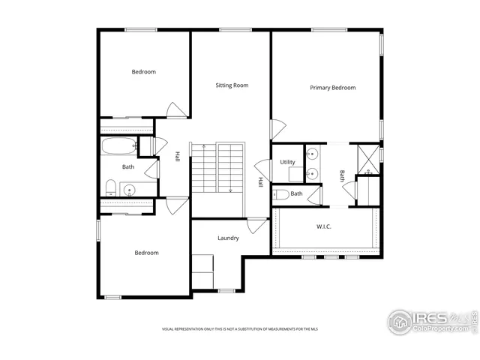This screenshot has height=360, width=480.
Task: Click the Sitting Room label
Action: pos(232,85)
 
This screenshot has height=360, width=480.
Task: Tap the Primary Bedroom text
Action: pos(332,88)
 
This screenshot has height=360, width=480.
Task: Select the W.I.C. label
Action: pos(323,226)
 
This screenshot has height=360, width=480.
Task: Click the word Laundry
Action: pos(228,238)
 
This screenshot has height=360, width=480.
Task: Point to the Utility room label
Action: pos(287,162)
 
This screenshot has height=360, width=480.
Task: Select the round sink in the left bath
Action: pos(128,189)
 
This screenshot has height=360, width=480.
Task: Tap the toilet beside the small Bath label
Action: pos(280,194)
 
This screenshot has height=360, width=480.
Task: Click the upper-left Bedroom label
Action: pos(143,72)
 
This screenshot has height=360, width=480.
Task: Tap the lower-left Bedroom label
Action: pos(146,253)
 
